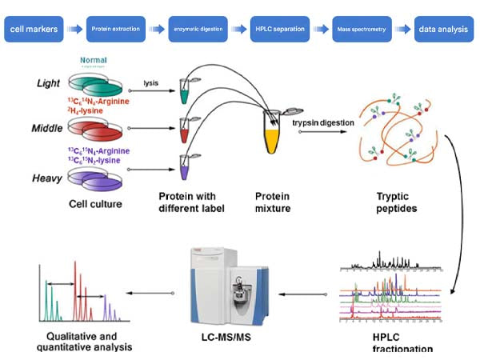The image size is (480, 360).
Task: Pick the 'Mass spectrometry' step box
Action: [360, 29]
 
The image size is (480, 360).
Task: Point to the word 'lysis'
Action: [150, 82]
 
